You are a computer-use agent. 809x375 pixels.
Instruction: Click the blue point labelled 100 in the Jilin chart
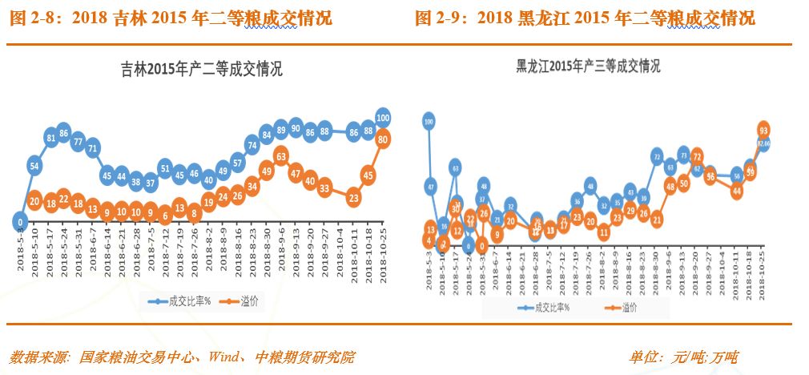pos(383,117)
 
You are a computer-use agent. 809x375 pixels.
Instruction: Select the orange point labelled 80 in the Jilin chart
pos(383,139)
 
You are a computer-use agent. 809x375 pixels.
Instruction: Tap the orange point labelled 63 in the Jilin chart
pos(281,155)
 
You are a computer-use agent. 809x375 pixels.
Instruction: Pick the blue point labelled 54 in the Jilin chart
pos(34,166)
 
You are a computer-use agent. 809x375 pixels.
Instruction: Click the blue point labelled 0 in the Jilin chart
pos(22,221)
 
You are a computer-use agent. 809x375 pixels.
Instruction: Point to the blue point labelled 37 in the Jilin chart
pos(151,183)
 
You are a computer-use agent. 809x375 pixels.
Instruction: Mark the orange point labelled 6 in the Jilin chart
pos(165,214)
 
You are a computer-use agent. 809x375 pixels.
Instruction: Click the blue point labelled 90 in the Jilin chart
pos(296,128)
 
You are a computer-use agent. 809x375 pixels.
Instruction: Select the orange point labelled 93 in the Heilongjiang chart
pos(763,130)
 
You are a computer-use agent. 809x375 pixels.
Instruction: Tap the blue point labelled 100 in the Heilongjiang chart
pos(429,122)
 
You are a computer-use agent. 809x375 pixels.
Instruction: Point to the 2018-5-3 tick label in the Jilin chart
pos(22,244)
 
